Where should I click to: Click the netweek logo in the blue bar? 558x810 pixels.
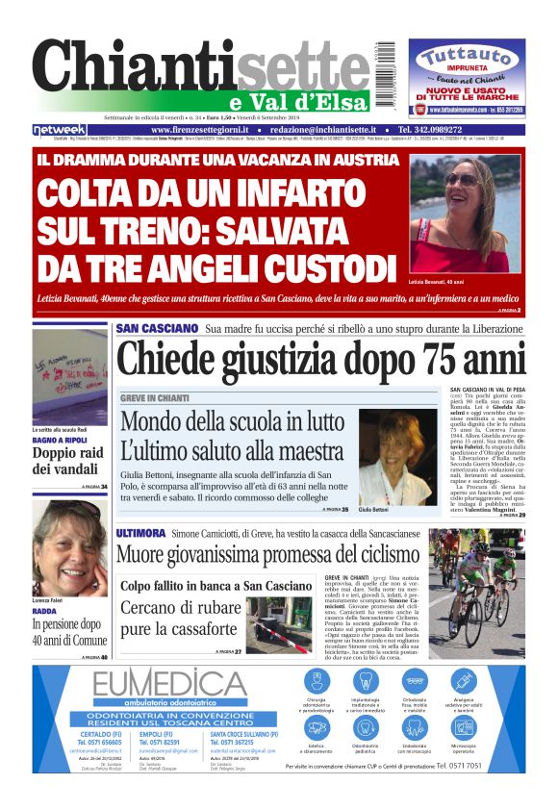[60, 130]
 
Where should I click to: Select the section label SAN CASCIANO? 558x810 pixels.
[157, 329]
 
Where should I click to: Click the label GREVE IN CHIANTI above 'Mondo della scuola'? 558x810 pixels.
[155, 397]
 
